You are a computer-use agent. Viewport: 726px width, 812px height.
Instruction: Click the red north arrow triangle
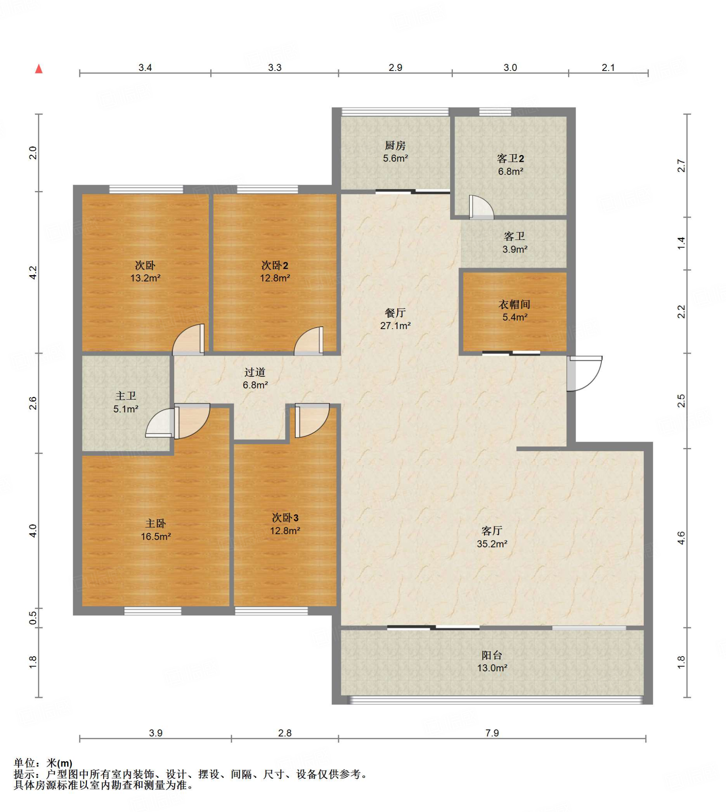coord(39,69)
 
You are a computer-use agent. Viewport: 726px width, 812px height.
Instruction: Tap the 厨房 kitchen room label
coord(395,146)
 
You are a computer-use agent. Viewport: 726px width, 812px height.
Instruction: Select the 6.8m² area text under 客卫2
coord(510,172)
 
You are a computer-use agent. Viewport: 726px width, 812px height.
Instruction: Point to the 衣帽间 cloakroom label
coord(514,305)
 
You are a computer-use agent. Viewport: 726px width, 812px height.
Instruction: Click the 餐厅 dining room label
coord(395,313)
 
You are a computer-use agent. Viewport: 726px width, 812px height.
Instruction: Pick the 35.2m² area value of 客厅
coord(492,544)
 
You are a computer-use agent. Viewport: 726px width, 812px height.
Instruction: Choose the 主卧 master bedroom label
coord(156,523)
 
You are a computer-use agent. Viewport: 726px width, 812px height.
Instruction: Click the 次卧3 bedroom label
coord(285,518)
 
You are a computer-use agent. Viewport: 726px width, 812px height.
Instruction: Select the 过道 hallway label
coord(255,373)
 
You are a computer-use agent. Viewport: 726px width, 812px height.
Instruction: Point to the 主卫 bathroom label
coord(126,396)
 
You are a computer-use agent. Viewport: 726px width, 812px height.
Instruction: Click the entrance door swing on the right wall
coord(585,373)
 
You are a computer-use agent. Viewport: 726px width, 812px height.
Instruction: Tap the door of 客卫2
coord(481,207)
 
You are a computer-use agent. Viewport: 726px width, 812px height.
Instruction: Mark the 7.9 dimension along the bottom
coord(492,733)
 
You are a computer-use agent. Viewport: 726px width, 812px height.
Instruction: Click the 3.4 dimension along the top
coord(145,68)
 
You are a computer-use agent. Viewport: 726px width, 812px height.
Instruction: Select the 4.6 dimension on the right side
coord(681,538)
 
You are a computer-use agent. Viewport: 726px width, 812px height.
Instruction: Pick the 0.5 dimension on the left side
coord(33,618)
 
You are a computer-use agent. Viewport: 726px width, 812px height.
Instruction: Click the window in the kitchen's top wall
coord(395,112)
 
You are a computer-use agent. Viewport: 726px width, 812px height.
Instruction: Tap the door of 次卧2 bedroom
coord(309,341)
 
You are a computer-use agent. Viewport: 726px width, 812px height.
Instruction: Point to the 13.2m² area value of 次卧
coord(145,278)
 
